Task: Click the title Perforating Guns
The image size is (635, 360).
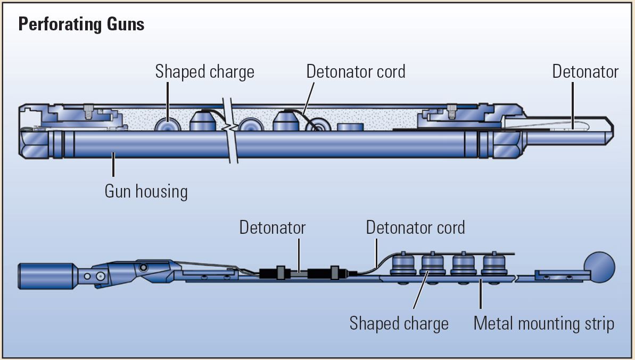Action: (81, 24)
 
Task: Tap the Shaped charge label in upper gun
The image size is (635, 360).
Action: (204, 72)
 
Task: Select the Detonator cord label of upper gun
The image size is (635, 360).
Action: (356, 72)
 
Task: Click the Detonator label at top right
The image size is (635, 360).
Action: (585, 72)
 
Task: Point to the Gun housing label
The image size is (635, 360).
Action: (146, 191)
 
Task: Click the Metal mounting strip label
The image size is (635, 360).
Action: (543, 323)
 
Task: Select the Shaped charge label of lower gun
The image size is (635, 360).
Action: (399, 323)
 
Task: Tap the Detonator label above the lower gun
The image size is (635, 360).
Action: (272, 228)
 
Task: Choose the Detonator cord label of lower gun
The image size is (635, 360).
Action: (415, 228)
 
